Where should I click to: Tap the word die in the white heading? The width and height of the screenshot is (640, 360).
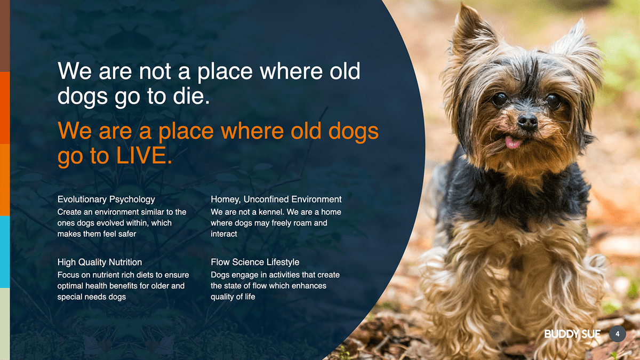191,95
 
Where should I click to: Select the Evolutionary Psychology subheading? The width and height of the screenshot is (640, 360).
106,199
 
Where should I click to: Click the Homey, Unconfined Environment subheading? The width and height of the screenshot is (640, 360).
276,199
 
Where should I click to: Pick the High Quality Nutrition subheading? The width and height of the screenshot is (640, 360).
100,262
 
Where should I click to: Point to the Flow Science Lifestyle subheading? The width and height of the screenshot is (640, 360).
255,262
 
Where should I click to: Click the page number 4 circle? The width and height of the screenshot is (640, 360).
618,334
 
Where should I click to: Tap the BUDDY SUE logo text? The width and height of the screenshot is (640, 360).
572,334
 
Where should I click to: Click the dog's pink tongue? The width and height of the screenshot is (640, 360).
513,142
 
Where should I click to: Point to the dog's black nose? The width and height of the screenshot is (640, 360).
527,122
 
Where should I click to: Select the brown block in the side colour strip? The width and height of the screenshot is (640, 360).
5,36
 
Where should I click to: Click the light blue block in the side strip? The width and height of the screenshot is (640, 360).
5,252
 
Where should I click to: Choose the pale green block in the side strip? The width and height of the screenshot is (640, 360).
5,324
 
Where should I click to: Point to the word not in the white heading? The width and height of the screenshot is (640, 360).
155,71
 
